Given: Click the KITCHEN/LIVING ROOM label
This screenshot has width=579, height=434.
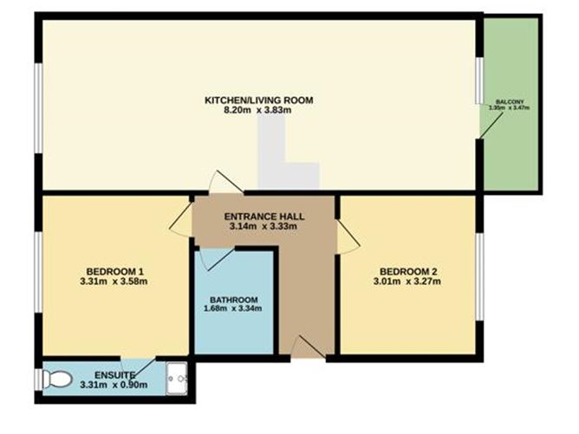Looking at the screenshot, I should (257, 100).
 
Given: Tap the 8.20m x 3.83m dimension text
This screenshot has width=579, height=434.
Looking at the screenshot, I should (257, 112).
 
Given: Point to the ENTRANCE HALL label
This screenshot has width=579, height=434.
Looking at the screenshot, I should (263, 216).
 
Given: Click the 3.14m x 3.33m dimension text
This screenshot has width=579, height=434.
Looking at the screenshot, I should (263, 227).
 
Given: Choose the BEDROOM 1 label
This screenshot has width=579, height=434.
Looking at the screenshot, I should (115, 269).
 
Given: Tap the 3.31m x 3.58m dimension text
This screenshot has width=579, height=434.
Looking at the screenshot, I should (115, 281).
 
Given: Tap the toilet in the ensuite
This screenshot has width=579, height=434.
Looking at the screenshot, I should (57, 379).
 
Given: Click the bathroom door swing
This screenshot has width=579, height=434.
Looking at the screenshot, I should (213, 257).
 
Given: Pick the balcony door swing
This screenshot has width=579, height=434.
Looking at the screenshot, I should (489, 121).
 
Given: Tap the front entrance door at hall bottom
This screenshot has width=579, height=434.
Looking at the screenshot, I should (307, 347).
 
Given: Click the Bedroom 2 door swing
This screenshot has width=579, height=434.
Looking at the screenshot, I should (347, 236).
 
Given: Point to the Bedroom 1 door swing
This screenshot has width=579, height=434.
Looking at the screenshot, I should (182, 223).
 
